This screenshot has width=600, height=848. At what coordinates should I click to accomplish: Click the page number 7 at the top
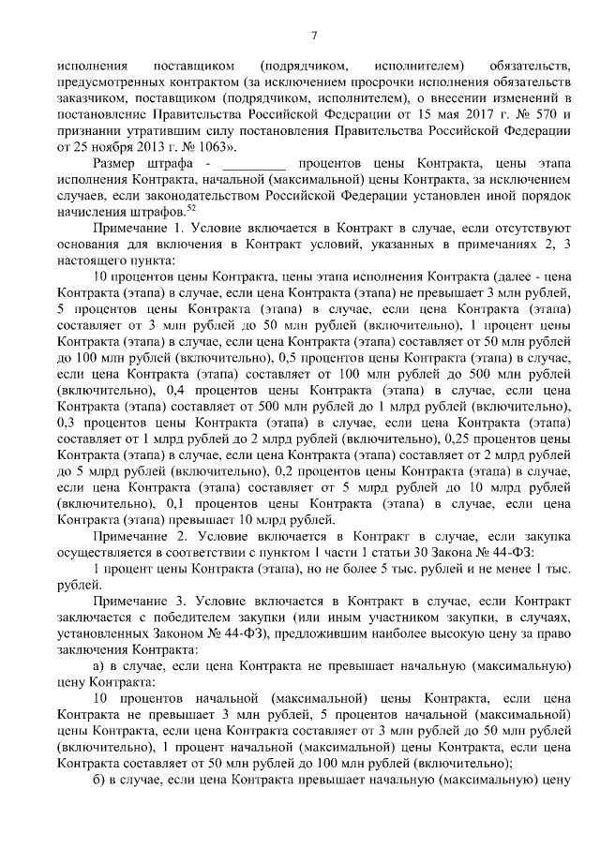coord(314,36)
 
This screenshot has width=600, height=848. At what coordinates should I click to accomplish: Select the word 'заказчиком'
coord(91,97)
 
